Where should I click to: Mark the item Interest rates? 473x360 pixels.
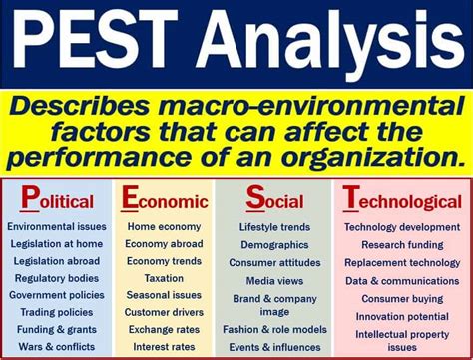(x=163, y=346)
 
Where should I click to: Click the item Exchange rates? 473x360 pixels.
(x=163, y=329)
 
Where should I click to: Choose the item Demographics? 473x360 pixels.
(x=275, y=244)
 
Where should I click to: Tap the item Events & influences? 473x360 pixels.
(x=275, y=346)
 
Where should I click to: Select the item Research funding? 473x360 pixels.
(x=403, y=244)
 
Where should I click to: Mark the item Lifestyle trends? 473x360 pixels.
(x=275, y=227)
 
